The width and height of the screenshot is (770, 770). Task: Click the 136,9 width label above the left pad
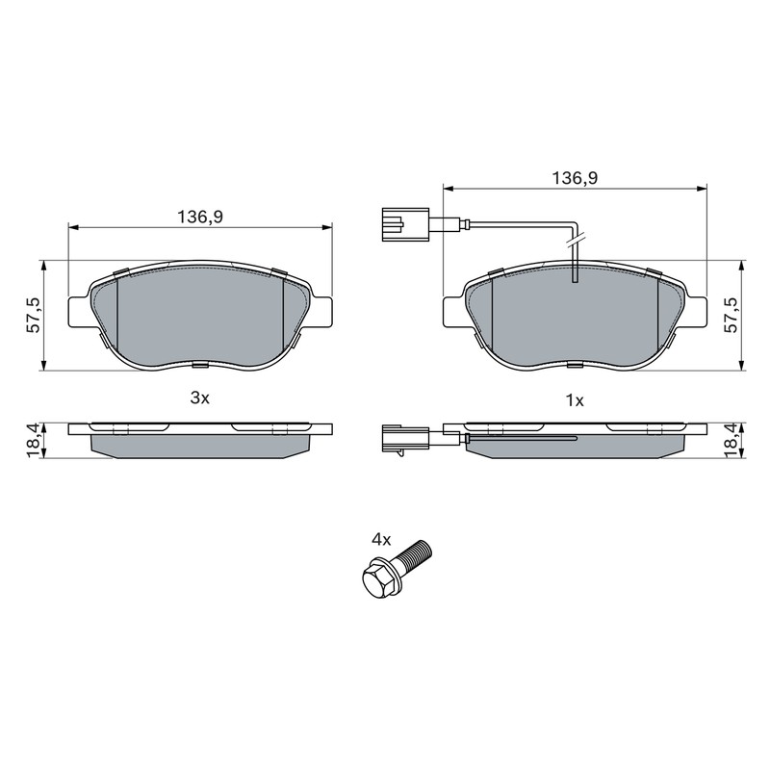point(200,216)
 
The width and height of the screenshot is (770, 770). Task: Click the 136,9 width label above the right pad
point(575,178)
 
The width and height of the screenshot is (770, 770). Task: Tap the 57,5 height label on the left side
point(35,315)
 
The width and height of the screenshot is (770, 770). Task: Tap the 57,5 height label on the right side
point(731,315)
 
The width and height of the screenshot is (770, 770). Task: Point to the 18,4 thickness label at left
point(34,441)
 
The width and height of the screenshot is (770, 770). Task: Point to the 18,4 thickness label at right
point(731,441)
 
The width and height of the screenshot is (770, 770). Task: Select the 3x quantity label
point(200,398)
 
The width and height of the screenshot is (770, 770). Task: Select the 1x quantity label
point(575,400)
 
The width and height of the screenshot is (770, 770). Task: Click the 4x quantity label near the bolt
point(381,540)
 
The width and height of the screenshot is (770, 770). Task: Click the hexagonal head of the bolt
point(378,580)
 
